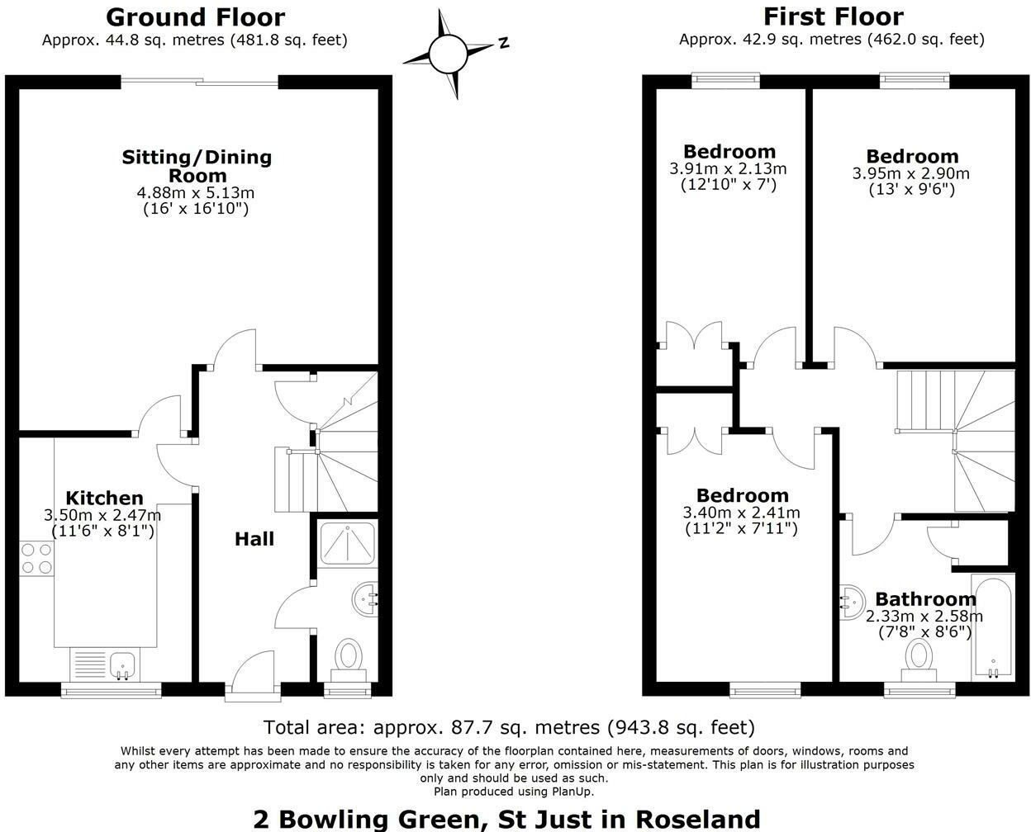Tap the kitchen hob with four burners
click(x=36, y=557)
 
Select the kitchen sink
click(x=123, y=664)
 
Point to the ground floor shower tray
click(x=346, y=545)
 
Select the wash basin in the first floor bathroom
click(x=852, y=602)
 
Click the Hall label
click(x=254, y=539)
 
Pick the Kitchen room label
click(x=104, y=498)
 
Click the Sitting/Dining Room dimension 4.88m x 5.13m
click(x=196, y=193)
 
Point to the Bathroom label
click(x=925, y=599)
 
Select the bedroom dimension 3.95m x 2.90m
click(x=911, y=173)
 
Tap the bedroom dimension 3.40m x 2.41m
click(x=741, y=513)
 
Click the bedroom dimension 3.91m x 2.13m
click(x=728, y=168)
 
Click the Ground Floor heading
click(x=195, y=17)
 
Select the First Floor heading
click(x=833, y=17)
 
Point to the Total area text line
click(x=509, y=727)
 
